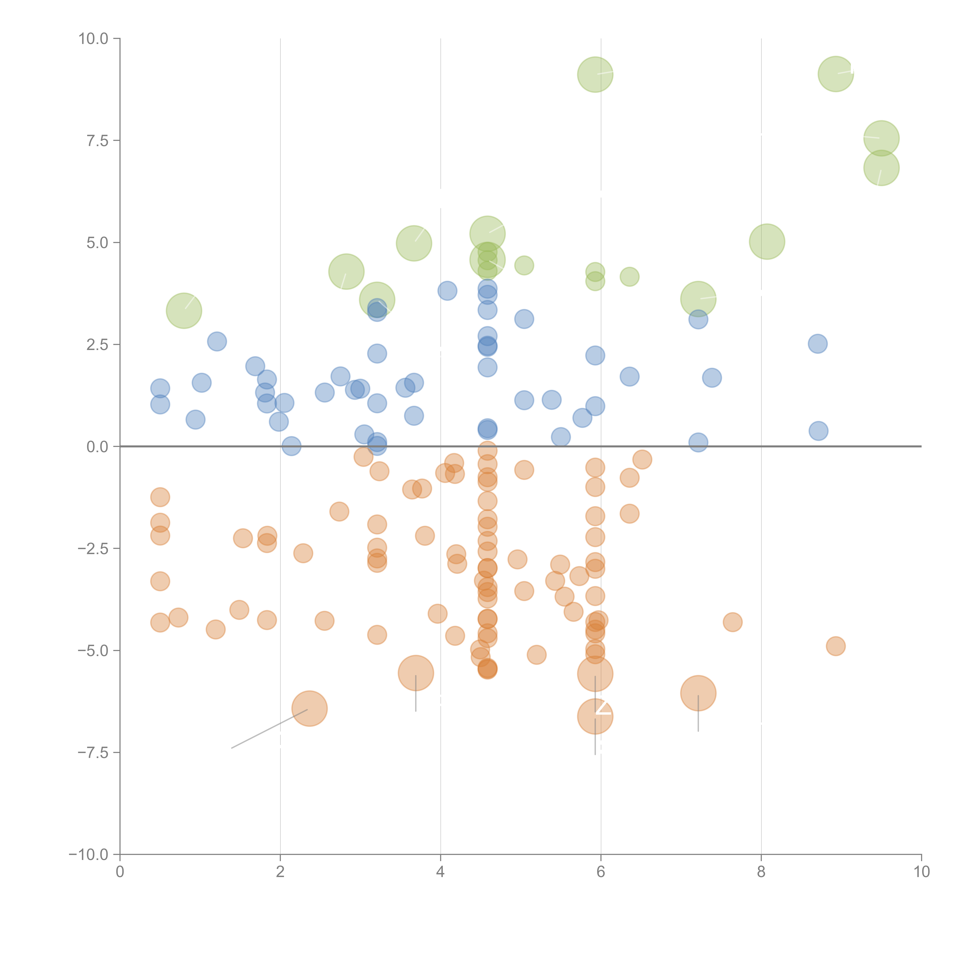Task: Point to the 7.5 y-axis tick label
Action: [97, 141]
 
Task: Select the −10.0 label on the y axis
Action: [89, 855]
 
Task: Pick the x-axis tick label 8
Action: [761, 872]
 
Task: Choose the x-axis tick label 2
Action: [280, 872]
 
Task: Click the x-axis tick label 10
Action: [921, 872]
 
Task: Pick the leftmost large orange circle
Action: [310, 708]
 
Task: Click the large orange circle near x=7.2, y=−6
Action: [698, 693]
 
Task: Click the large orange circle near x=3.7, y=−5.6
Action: [416, 673]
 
